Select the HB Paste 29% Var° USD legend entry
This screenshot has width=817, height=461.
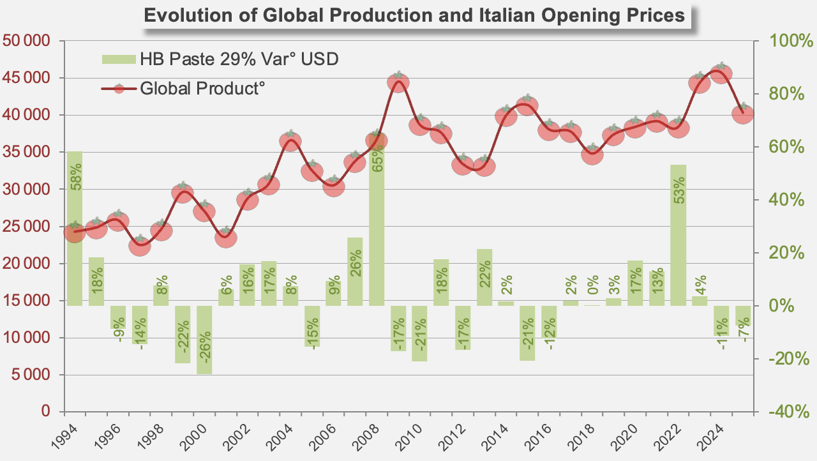220,59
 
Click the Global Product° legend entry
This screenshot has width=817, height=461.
183,89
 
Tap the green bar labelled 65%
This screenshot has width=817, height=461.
377,220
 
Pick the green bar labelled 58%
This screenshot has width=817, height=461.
75,229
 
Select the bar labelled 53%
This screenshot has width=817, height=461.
678,235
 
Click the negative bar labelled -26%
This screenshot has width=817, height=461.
204,340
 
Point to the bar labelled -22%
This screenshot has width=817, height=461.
183,335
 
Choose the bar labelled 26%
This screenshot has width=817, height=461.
355,271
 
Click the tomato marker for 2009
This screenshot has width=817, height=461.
398,82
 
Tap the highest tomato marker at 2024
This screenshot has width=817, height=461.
721,73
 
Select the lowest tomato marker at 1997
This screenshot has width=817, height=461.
140,245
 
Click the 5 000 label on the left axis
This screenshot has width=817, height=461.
31,375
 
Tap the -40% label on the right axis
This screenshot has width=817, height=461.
788,412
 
